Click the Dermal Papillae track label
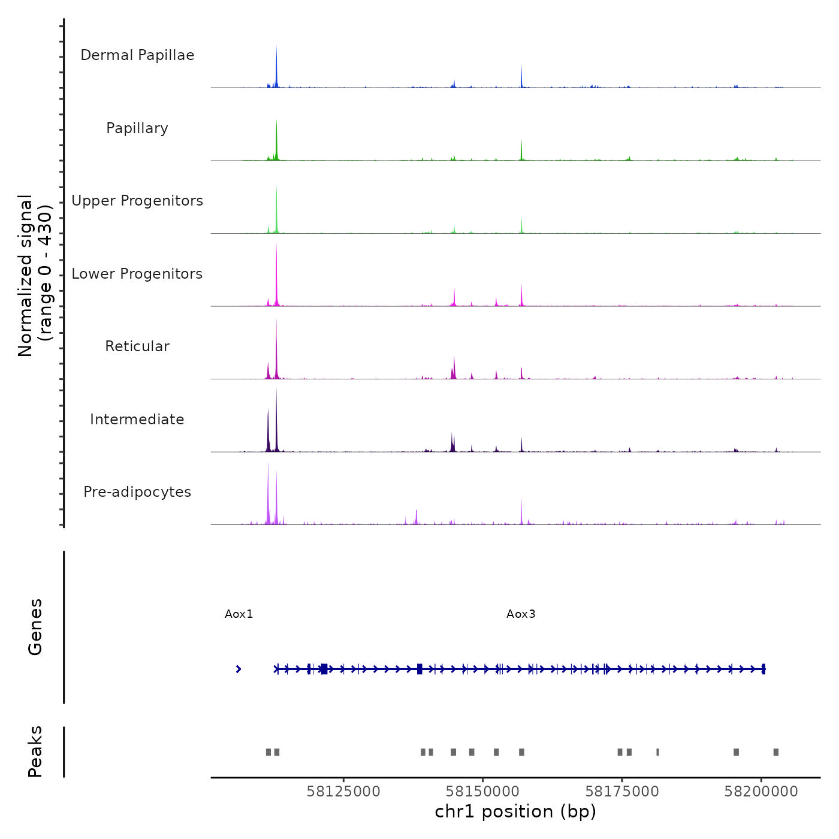click(137, 55)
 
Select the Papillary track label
click(137, 128)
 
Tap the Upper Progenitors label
click(137, 201)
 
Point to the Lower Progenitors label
click(137, 274)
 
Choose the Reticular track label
click(137, 346)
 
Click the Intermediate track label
click(137, 419)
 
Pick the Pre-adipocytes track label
click(137, 492)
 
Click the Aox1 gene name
click(239, 614)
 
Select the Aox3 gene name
click(521, 614)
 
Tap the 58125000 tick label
click(343, 792)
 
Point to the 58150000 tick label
click(483, 792)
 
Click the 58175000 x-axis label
click(622, 792)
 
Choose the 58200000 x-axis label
click(761, 792)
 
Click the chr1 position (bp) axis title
click(515, 811)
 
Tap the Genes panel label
click(35, 627)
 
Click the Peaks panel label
click(35, 752)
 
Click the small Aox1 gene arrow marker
click(239, 669)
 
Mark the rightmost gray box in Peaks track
click(775, 752)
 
